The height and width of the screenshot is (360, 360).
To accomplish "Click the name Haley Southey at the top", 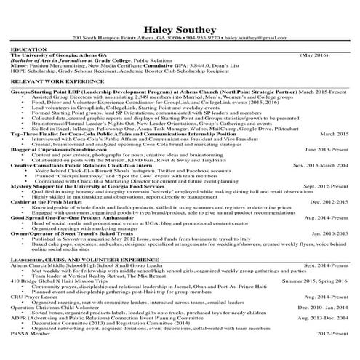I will coord(180,23).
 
